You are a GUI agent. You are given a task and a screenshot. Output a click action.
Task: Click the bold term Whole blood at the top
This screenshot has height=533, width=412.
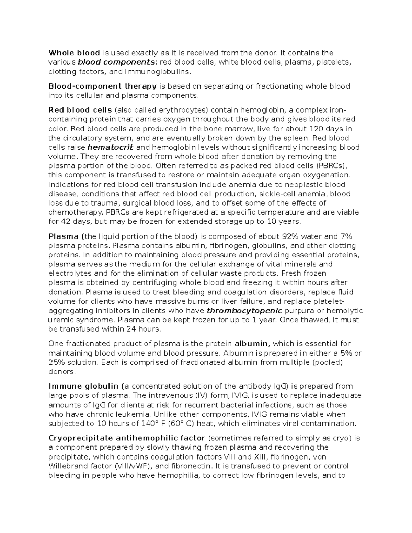74,53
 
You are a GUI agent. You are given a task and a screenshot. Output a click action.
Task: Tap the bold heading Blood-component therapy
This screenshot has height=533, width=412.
103,86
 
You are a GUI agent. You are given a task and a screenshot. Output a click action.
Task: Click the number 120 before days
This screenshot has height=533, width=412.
316,129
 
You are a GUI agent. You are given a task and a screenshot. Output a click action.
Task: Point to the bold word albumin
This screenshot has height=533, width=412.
251,344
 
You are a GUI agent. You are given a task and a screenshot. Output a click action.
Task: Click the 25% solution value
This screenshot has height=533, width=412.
56,362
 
